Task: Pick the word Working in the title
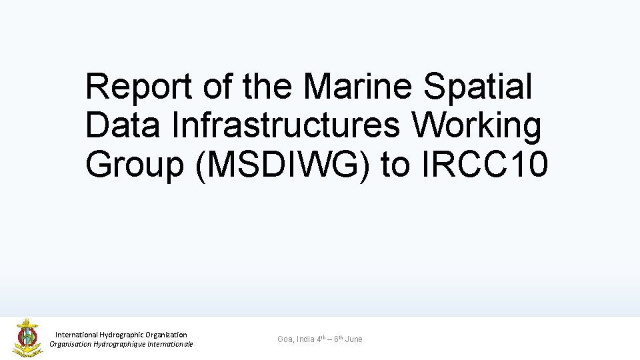(477, 125)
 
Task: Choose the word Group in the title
(134, 164)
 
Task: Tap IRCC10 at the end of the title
(485, 164)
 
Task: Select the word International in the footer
(77, 335)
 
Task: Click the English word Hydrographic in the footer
(122, 335)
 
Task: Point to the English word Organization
(166, 335)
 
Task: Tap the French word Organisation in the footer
(71, 344)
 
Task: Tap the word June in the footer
(354, 339)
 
